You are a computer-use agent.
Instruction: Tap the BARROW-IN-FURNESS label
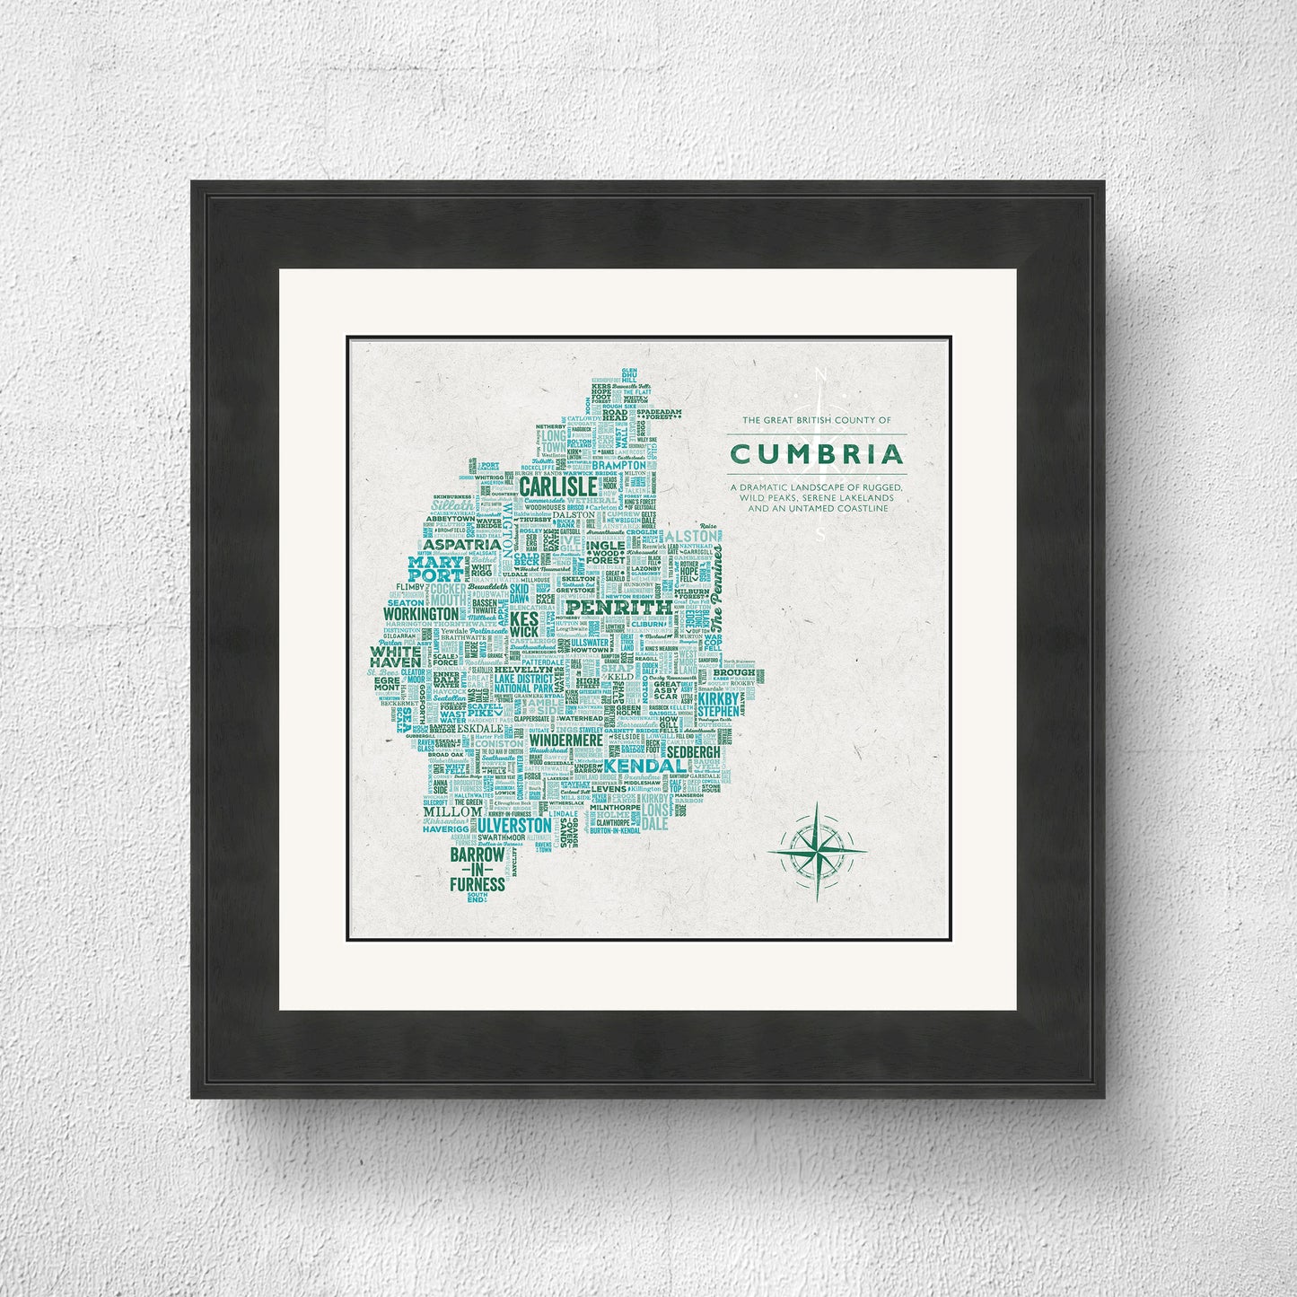[x=478, y=871]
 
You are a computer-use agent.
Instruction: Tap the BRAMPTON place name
[x=619, y=466]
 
